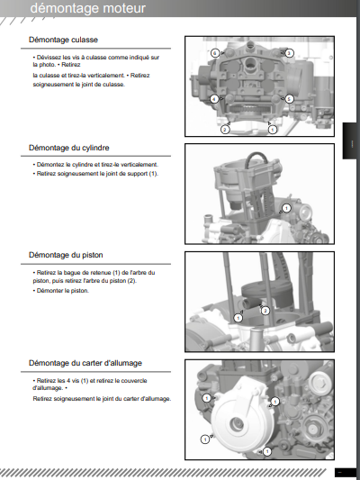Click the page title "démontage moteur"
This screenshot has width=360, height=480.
point(88,8)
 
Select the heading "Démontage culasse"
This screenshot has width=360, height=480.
point(63,40)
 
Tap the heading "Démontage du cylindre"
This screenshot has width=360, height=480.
point(68,148)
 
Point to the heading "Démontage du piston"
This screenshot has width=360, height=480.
point(66,255)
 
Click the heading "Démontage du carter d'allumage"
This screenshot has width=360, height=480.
point(85,363)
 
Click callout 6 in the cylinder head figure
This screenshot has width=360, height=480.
point(215,53)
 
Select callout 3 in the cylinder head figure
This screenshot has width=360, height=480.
point(289,53)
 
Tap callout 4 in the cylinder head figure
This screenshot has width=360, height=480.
point(214,99)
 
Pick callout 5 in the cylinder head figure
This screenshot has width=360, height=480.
point(289,99)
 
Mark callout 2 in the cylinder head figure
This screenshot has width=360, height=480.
point(225,130)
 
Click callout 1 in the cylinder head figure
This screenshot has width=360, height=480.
point(272,130)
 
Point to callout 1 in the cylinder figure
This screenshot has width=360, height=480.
point(286,208)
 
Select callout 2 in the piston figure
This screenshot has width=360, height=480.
point(265,311)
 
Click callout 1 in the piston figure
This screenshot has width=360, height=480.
point(238,318)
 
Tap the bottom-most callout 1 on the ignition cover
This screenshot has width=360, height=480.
point(267,451)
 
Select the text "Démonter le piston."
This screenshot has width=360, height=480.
point(63,291)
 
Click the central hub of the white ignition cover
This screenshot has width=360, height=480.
point(236,425)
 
